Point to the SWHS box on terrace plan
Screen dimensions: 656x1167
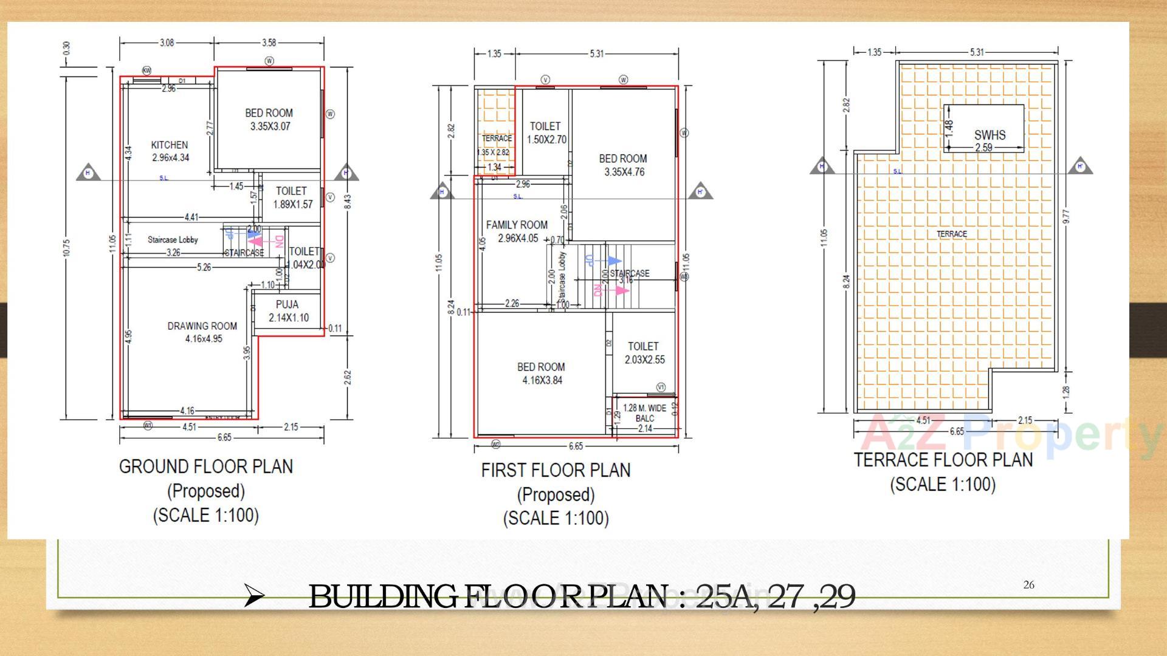click(983, 128)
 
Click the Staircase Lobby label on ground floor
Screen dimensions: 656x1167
click(173, 239)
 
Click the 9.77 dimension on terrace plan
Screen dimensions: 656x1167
click(1066, 216)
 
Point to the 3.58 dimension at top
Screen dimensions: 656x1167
click(269, 43)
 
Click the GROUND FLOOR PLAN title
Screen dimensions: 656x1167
click(205, 466)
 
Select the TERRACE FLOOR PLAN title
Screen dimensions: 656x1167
click(943, 460)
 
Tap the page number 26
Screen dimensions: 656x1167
click(1028, 585)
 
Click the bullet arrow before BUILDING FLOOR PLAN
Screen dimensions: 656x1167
click(253, 596)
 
